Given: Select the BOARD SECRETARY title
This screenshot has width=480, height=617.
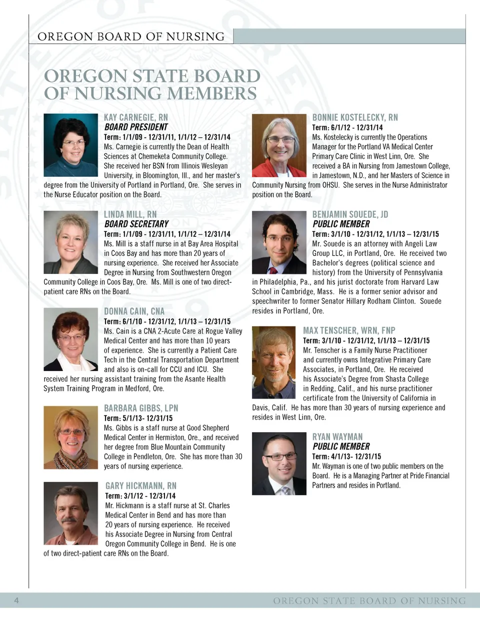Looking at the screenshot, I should click(135, 224).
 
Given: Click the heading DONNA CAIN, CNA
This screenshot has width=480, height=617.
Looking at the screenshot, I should click(134, 312).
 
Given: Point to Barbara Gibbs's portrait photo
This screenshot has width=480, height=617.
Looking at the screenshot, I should click(70, 437).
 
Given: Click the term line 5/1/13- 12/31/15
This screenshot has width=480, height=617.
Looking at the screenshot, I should click(138, 418).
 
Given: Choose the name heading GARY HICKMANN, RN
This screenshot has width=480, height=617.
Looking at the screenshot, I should click(141, 486).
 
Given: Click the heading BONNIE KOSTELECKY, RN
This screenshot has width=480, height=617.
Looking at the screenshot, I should click(355, 118).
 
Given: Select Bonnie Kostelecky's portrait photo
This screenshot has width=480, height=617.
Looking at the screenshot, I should click(279, 145).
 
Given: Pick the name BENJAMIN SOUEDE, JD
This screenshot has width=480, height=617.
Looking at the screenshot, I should click(350, 214).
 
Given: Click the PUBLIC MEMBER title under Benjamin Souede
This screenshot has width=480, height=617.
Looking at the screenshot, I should click(341, 224).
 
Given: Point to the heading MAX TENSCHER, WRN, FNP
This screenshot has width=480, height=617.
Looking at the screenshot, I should click(349, 331).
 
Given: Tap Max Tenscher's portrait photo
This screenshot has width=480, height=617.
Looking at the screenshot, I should click(274, 363).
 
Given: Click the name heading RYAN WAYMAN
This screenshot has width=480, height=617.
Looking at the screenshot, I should click(337, 437).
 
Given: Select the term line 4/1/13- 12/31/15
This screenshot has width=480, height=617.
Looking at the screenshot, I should click(346, 456).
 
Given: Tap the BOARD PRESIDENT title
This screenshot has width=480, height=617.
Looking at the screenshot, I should click(135, 127).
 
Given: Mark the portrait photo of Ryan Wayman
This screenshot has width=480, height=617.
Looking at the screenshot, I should click(279, 464).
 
